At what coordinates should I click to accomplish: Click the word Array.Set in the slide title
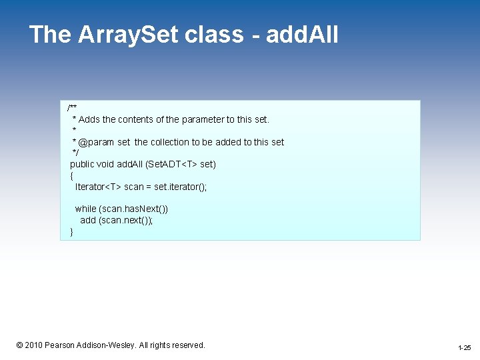(x=127, y=35)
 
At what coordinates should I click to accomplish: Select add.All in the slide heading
(x=302, y=35)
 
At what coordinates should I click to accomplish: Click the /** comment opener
(x=72, y=108)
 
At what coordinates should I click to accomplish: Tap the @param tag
(x=96, y=142)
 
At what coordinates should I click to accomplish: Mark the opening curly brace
(x=72, y=175)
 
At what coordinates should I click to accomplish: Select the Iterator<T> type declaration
(x=98, y=187)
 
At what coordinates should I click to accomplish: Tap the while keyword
(x=85, y=209)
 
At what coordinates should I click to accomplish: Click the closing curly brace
(x=72, y=231)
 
